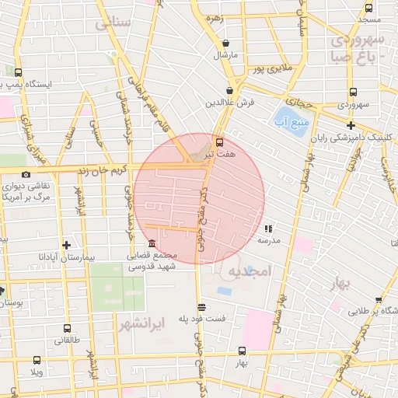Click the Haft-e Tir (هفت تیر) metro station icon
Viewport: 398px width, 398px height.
point(219,142)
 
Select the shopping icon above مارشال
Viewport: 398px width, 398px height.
point(225,44)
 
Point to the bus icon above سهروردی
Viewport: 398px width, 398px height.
point(354,91)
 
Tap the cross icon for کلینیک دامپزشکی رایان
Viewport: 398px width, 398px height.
point(351,125)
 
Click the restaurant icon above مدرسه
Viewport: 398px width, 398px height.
point(268,229)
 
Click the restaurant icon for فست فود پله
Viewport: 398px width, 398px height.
point(202,306)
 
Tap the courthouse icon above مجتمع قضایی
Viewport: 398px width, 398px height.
point(151,244)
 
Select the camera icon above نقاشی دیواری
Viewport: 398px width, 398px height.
point(26,175)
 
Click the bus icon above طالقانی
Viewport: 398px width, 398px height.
point(66,328)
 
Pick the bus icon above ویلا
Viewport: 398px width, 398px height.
point(36,360)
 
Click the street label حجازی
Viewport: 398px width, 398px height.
point(298,101)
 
